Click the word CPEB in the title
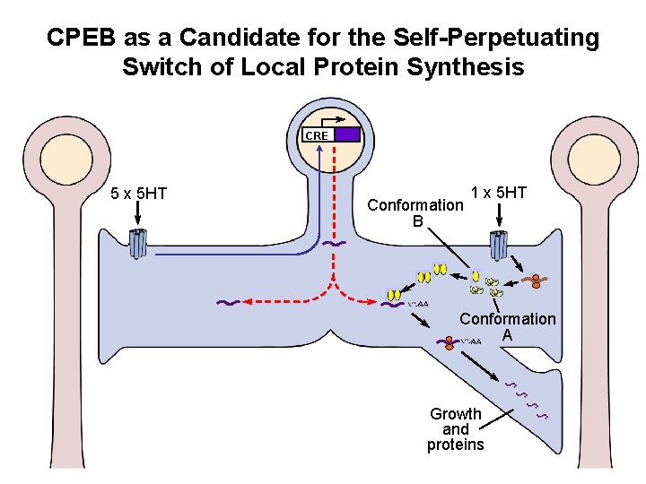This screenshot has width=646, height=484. pos(80,38)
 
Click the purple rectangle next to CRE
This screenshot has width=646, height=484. pos(347,134)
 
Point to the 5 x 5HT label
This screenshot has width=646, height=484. pos(138,193)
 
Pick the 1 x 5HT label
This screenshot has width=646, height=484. pos(499,193)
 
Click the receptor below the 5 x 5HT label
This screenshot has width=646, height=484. pos(137,244)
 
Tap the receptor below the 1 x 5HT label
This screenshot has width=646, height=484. pos(499,244)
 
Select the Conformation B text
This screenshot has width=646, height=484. pos(416,212)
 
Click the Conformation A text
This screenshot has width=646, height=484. pos(508,326)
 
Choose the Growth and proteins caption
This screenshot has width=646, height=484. pos(455,429)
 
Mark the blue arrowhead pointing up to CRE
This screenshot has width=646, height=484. pos(319,149)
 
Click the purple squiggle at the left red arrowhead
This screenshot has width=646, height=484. pos(228,304)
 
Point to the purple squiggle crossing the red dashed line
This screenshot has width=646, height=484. pos(334,243)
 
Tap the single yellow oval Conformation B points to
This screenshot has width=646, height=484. pos(476,276)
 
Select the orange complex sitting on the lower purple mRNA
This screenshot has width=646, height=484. pos(447,341)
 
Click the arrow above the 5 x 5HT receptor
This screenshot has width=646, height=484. pos(138,214)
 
